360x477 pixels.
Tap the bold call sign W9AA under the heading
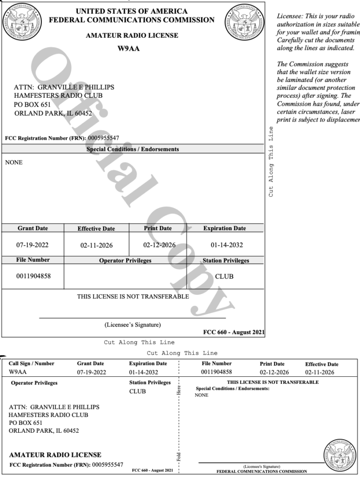[133, 48]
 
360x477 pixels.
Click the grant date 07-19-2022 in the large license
[33, 245]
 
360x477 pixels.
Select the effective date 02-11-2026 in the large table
[96, 245]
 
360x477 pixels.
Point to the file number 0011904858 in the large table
[33, 276]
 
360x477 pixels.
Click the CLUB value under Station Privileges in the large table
[224, 276]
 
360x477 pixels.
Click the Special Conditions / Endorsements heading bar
[133, 150]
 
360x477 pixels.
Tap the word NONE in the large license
[13, 163]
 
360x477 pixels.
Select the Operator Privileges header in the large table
[125, 261]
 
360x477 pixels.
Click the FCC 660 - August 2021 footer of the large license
[234, 332]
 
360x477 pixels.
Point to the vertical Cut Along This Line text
[272, 161]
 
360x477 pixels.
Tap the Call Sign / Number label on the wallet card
[31, 363]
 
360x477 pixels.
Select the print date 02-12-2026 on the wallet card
[272, 372]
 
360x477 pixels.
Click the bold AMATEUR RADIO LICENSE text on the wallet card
[55, 455]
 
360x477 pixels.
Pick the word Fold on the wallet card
[179, 455]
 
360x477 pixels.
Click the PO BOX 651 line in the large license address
[32, 104]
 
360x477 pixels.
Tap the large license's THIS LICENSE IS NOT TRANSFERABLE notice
[133, 296]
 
